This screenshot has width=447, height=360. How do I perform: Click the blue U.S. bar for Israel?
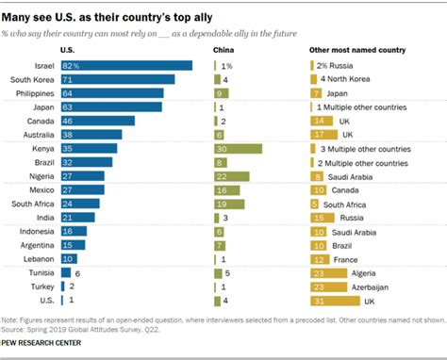(x=125, y=65)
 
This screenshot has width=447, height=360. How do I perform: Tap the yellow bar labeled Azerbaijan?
(x=326, y=286)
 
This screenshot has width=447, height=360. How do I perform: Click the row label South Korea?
(x=32, y=79)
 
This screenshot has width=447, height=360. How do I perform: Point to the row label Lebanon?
(x=39, y=258)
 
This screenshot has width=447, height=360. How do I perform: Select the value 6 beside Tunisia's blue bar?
(x=79, y=272)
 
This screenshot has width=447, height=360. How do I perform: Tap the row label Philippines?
(x=35, y=93)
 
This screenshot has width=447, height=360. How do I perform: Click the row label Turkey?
(x=42, y=286)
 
